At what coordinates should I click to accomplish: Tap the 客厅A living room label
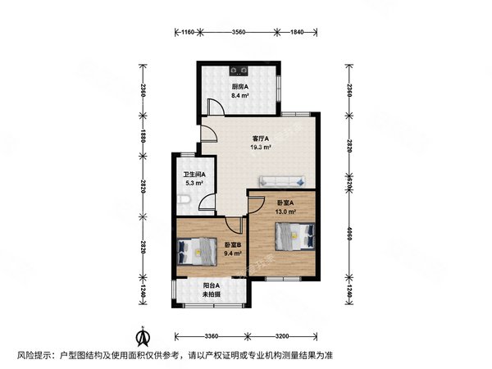(x=261, y=139)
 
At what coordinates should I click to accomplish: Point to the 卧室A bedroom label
(x=284, y=203)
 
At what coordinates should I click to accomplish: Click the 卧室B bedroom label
(x=234, y=244)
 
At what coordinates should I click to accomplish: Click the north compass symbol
(x=142, y=335)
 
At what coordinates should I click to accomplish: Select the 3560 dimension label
(x=239, y=32)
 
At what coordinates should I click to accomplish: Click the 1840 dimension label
(x=297, y=32)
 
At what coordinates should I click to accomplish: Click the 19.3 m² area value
(x=261, y=148)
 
